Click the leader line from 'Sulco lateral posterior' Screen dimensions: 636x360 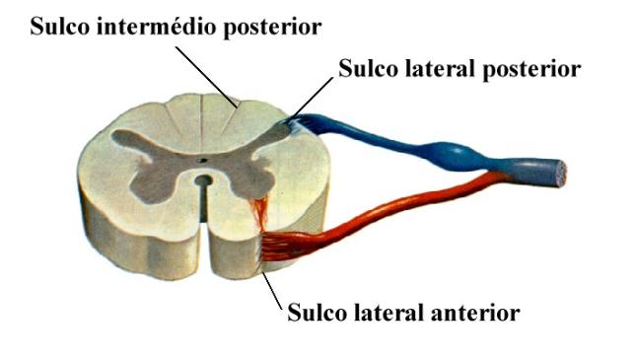314,98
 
